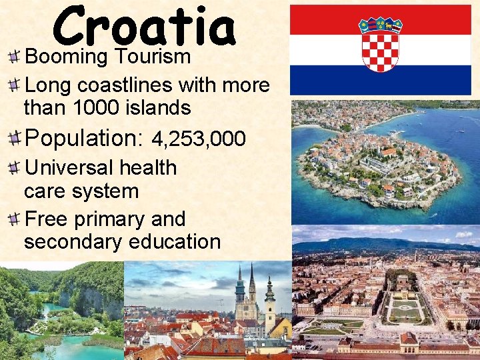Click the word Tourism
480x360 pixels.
(153, 57)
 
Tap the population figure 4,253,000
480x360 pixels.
(199, 139)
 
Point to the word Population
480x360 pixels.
(83, 139)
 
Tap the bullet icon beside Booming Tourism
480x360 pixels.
(13, 57)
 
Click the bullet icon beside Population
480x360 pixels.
(13, 139)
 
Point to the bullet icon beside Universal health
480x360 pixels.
(13, 168)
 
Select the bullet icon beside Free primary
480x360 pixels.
(13, 219)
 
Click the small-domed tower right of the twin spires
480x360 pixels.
(269, 300)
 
